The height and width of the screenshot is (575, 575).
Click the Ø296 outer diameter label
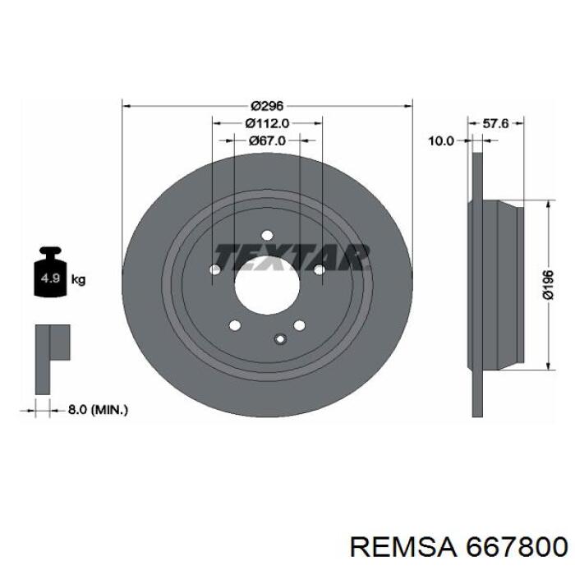(x=267, y=106)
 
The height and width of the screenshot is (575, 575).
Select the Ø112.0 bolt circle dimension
(x=267, y=123)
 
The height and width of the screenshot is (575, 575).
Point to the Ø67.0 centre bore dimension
(x=267, y=140)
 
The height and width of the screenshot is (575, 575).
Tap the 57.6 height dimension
(x=495, y=123)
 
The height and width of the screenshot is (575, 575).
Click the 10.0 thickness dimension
(x=442, y=140)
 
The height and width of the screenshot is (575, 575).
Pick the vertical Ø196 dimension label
(x=548, y=285)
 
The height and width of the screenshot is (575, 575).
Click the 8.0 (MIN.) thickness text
(x=98, y=410)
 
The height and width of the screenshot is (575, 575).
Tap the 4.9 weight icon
(x=50, y=272)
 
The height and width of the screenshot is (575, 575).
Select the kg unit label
(x=78, y=280)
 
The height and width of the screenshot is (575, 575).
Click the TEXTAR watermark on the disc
(x=291, y=257)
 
